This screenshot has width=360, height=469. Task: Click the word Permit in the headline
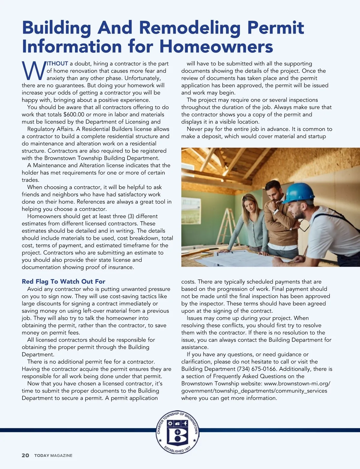[x=276, y=28]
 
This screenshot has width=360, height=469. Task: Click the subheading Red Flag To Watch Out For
[x=63, y=281]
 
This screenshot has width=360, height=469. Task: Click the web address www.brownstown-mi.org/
[x=297, y=384]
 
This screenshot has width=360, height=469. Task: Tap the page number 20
[x=25, y=455]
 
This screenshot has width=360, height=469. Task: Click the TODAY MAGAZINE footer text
[x=53, y=456]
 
